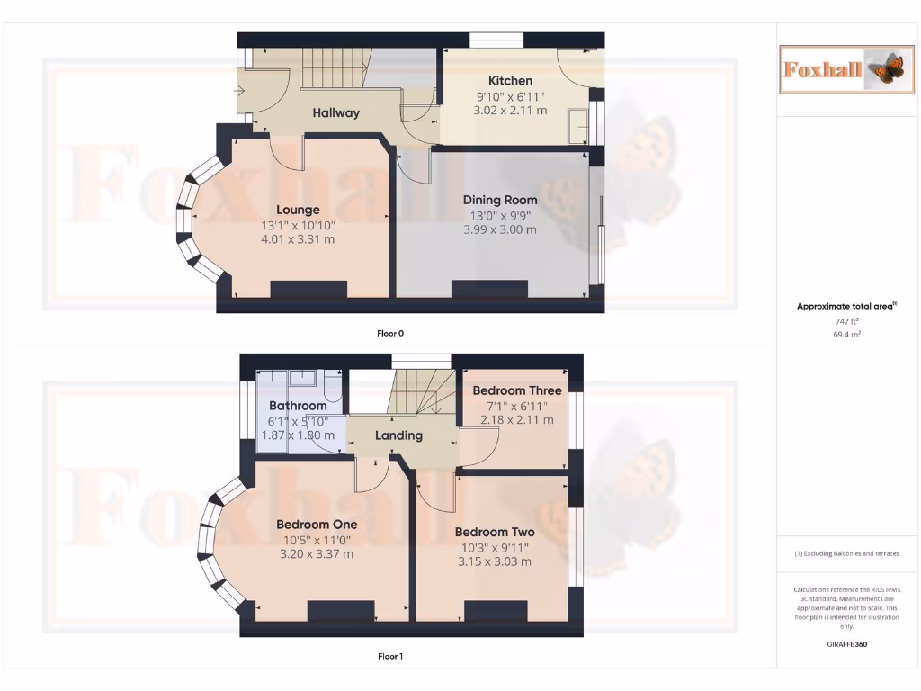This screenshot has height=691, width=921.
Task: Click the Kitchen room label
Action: [x=510, y=81]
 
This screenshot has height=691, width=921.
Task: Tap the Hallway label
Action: [x=335, y=113]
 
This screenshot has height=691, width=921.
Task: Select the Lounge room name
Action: [x=298, y=211]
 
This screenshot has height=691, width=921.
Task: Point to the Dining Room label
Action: [x=500, y=200]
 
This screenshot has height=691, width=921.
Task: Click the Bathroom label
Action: [x=298, y=406]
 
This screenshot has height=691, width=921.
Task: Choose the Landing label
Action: [x=398, y=435]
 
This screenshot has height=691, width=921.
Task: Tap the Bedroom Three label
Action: [x=516, y=390]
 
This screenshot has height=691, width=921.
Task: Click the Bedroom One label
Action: [x=317, y=525]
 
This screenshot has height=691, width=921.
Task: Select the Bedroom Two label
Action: [x=495, y=532]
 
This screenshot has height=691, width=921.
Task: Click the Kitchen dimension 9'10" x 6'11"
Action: [x=510, y=96]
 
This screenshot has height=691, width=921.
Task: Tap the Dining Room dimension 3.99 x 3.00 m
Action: [x=500, y=229]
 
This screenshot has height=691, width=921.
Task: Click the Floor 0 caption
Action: [x=390, y=333]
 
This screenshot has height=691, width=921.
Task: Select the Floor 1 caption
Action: [x=390, y=657]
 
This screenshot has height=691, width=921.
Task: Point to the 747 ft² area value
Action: [x=847, y=320]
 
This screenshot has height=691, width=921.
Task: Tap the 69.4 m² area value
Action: [x=847, y=334]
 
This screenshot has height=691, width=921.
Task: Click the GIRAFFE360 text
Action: [x=847, y=644]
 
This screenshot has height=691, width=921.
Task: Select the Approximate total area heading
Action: [x=845, y=307]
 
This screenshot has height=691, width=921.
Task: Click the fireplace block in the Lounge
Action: [x=308, y=290]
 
